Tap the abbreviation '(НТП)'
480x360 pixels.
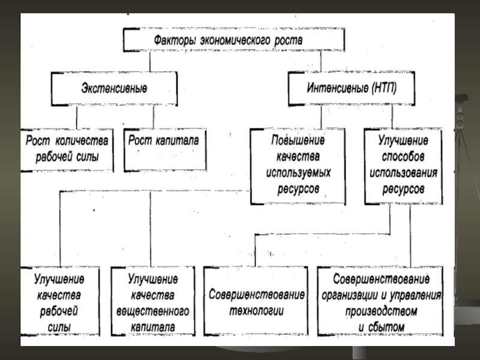(384, 88)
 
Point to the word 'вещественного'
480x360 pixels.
(153, 311)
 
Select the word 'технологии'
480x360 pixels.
(257, 311)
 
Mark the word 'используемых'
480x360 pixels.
(298, 173)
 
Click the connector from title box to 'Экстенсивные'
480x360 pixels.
(150, 62)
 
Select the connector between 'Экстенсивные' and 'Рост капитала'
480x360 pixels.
(154, 117)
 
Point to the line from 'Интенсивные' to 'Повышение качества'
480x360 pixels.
(321, 117)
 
